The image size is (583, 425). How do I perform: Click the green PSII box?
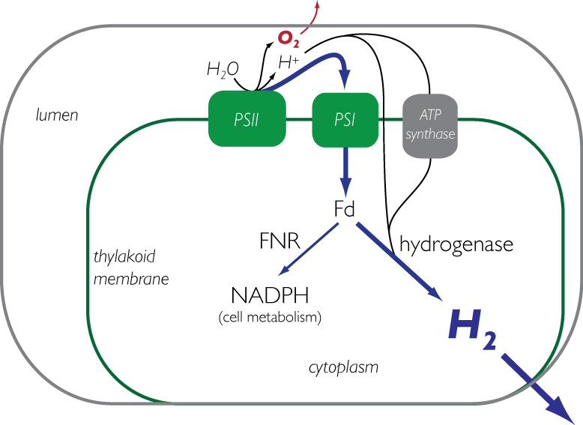pyautogui.click(x=247, y=119)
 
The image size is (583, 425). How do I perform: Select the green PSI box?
pyautogui.click(x=344, y=119)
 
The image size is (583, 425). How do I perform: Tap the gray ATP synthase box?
pyautogui.click(x=430, y=125)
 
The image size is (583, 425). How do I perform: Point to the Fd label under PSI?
pyautogui.click(x=344, y=208)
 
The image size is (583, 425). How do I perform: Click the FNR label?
pyautogui.click(x=280, y=241)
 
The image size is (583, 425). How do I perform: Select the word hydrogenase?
pyautogui.click(x=456, y=244)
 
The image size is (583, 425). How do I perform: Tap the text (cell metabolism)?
pyautogui.click(x=270, y=317)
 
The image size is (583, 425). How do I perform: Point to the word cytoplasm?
pyautogui.click(x=343, y=367)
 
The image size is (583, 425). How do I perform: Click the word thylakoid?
pyautogui.click(x=124, y=257)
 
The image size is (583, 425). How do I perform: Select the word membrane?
pyautogui.click(x=131, y=279)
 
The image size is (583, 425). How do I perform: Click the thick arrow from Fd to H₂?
pyautogui.click(x=397, y=259)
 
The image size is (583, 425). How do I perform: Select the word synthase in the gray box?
pyautogui.click(x=430, y=135)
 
